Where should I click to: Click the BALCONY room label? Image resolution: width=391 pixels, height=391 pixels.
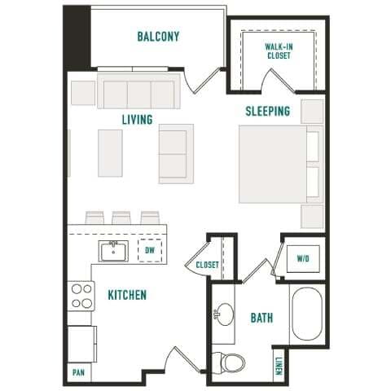(x=158, y=37)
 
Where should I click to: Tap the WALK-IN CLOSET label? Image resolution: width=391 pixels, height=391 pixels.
(x=279, y=51)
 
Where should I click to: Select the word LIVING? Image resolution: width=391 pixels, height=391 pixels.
(x=137, y=120)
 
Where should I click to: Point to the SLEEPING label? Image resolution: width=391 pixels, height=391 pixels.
(x=268, y=112)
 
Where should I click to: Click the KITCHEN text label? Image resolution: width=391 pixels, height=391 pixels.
(x=127, y=294)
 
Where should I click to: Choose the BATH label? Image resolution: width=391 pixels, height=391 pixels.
(x=261, y=318)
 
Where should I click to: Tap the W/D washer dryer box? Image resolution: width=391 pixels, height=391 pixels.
(x=303, y=258)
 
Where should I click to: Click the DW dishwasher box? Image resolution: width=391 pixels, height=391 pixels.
(x=150, y=251)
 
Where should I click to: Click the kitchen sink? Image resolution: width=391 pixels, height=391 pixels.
(x=114, y=250)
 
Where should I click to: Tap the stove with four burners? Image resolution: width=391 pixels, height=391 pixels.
(x=81, y=296)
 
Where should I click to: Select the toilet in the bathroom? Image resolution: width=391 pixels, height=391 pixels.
(x=225, y=359)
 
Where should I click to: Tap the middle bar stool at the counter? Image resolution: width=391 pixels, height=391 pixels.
(x=121, y=217)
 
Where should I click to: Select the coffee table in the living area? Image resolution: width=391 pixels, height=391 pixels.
(x=110, y=152)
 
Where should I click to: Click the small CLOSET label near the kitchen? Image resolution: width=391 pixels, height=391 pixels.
(x=208, y=265)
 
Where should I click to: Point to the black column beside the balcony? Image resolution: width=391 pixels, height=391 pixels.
(x=77, y=37)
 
